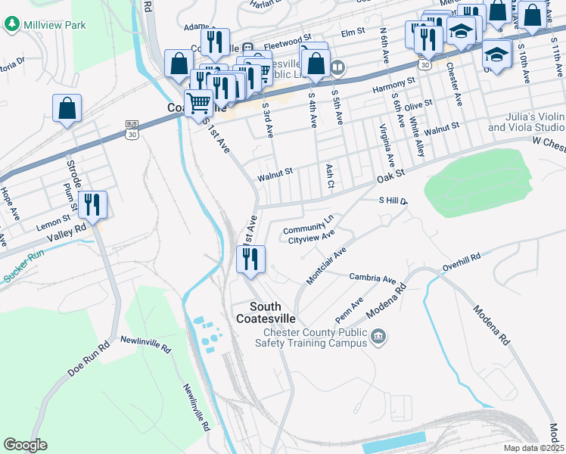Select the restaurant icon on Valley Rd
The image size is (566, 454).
pyautogui.click(x=92, y=204)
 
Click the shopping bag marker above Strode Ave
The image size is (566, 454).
pyautogui.click(x=67, y=108)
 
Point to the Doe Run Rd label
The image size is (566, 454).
pyautogui.click(x=89, y=359)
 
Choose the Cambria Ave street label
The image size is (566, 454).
pyautogui.click(x=372, y=278)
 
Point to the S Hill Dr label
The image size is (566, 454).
pyautogui.click(x=393, y=201)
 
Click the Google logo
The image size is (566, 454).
pyautogui.click(x=25, y=444)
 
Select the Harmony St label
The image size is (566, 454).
pyautogui.click(x=394, y=89)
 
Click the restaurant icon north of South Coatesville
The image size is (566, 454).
pyautogui.click(x=250, y=259)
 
